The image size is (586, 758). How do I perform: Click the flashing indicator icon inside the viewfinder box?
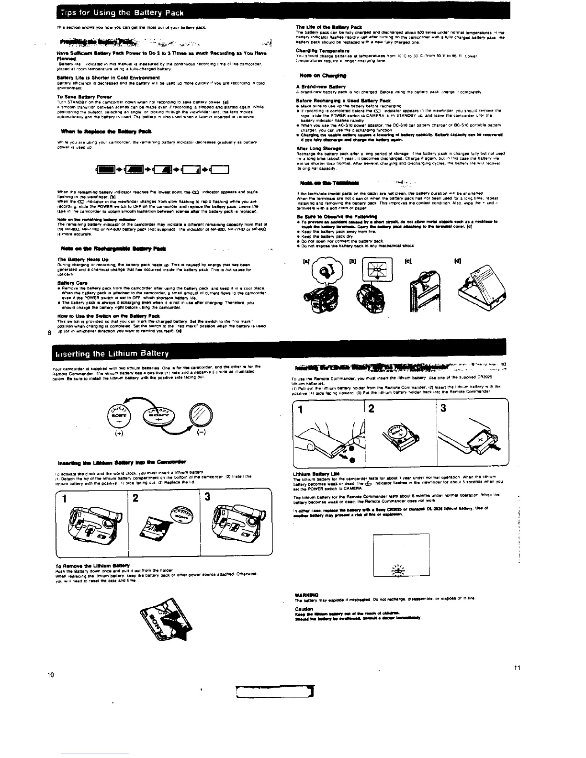(397, 569)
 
